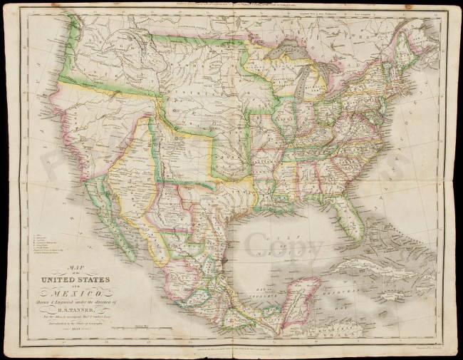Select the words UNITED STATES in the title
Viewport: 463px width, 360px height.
click(70, 260)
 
